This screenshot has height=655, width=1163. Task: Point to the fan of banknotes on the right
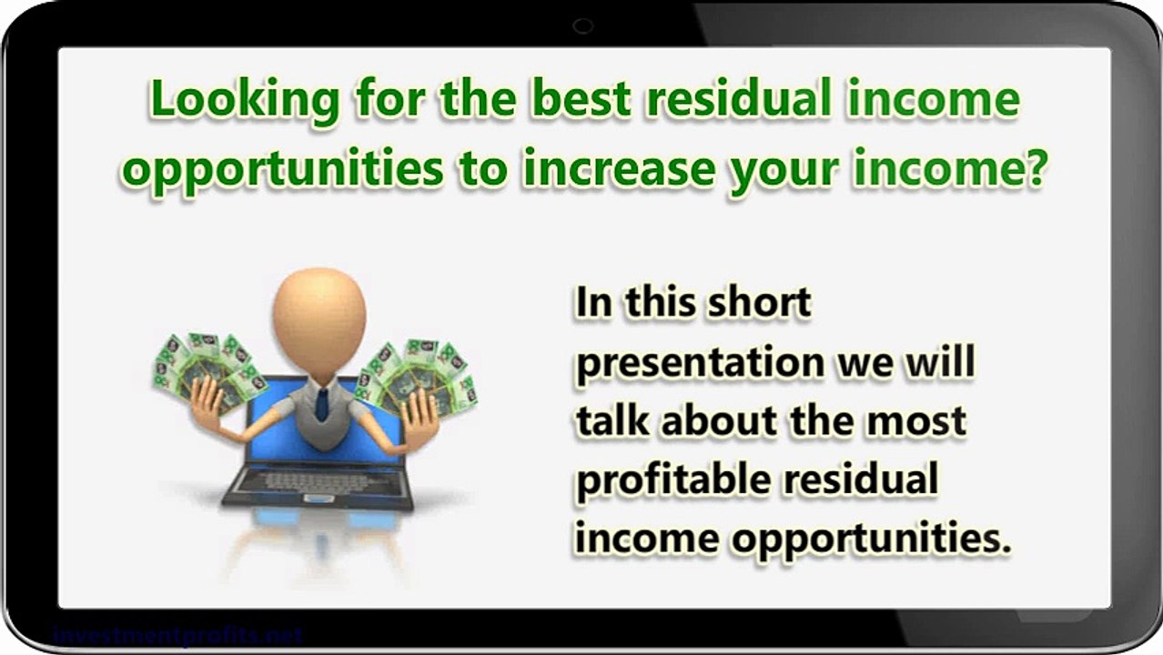(x=419, y=373)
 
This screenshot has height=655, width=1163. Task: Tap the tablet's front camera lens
(x=583, y=26)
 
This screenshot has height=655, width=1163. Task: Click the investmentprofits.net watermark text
(x=177, y=635)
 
